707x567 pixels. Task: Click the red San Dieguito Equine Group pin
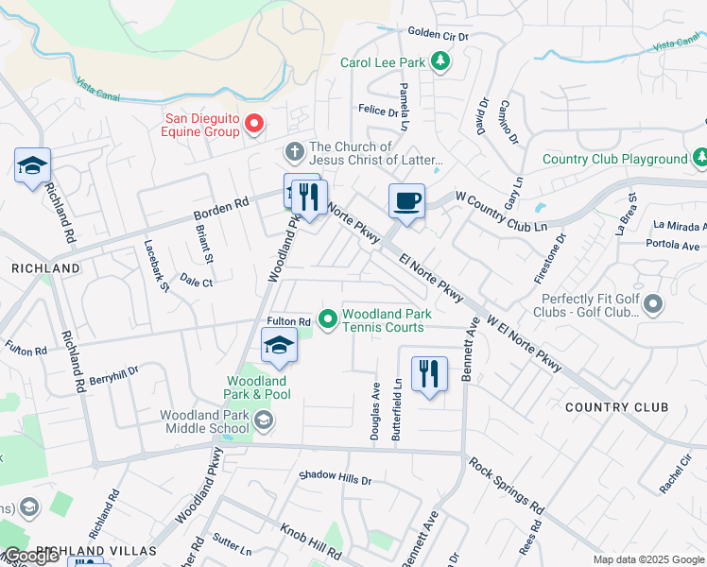coord(254,124)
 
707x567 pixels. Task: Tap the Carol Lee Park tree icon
coord(440,62)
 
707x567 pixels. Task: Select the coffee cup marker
coord(406,201)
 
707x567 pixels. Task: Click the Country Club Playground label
coord(614,160)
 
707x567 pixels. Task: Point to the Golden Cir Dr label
coord(438,33)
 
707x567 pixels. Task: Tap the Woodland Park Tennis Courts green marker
coord(328,320)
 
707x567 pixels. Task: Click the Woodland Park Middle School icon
coord(263,421)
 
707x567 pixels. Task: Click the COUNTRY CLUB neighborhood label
coord(616,407)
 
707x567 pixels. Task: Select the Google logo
coord(30,556)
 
